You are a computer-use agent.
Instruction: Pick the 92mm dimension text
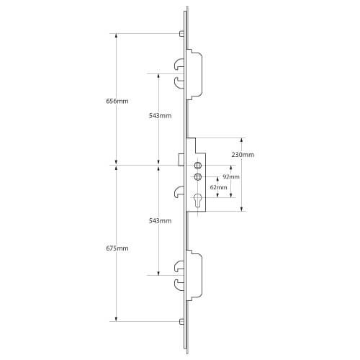pyautogui.click(x=230, y=176)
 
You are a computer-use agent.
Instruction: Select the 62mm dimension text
pyautogui.click(x=217, y=187)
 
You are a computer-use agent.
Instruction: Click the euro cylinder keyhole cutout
pyautogui.click(x=197, y=202)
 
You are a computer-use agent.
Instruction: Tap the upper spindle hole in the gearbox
pyautogui.click(x=197, y=166)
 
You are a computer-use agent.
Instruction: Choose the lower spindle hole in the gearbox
pyautogui.click(x=197, y=178)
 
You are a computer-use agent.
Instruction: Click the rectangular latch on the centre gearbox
pyautogui.click(x=183, y=158)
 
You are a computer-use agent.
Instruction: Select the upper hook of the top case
pyautogui.click(x=179, y=66)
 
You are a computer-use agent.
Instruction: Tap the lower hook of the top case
pyautogui.click(x=179, y=84)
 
